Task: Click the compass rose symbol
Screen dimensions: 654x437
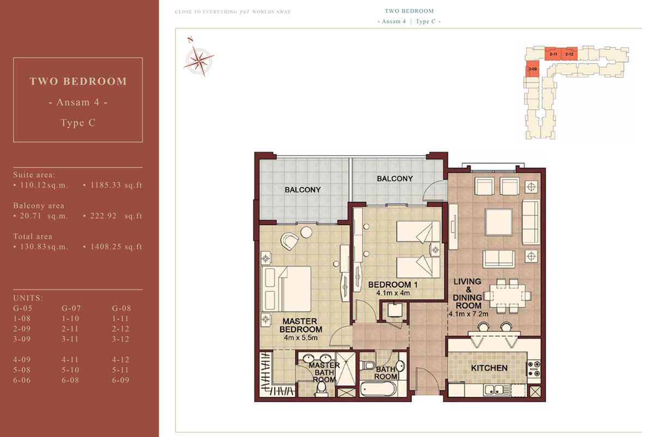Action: point(199,61)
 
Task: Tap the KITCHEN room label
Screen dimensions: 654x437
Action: point(489,368)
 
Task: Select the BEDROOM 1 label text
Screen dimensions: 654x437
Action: point(393,284)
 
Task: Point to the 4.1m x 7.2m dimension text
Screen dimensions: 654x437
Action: point(468,314)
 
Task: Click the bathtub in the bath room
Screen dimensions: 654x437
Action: point(378,389)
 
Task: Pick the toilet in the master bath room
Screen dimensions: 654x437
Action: point(322,389)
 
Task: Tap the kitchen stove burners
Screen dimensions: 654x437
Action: point(534,369)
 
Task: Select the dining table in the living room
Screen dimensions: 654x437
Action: point(507,296)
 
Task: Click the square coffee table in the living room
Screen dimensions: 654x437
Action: point(499,222)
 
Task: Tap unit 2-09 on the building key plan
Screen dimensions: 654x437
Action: point(532,69)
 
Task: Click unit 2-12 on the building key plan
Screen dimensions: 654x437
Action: point(570,54)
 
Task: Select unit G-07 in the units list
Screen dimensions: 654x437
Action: point(71,308)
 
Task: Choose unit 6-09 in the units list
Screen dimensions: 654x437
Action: point(120,380)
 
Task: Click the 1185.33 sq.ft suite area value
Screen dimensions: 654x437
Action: point(116,185)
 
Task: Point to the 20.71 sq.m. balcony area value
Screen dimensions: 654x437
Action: point(44,216)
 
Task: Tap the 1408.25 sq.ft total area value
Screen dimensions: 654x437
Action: point(116,247)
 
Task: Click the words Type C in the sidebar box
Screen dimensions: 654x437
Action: point(78,123)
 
